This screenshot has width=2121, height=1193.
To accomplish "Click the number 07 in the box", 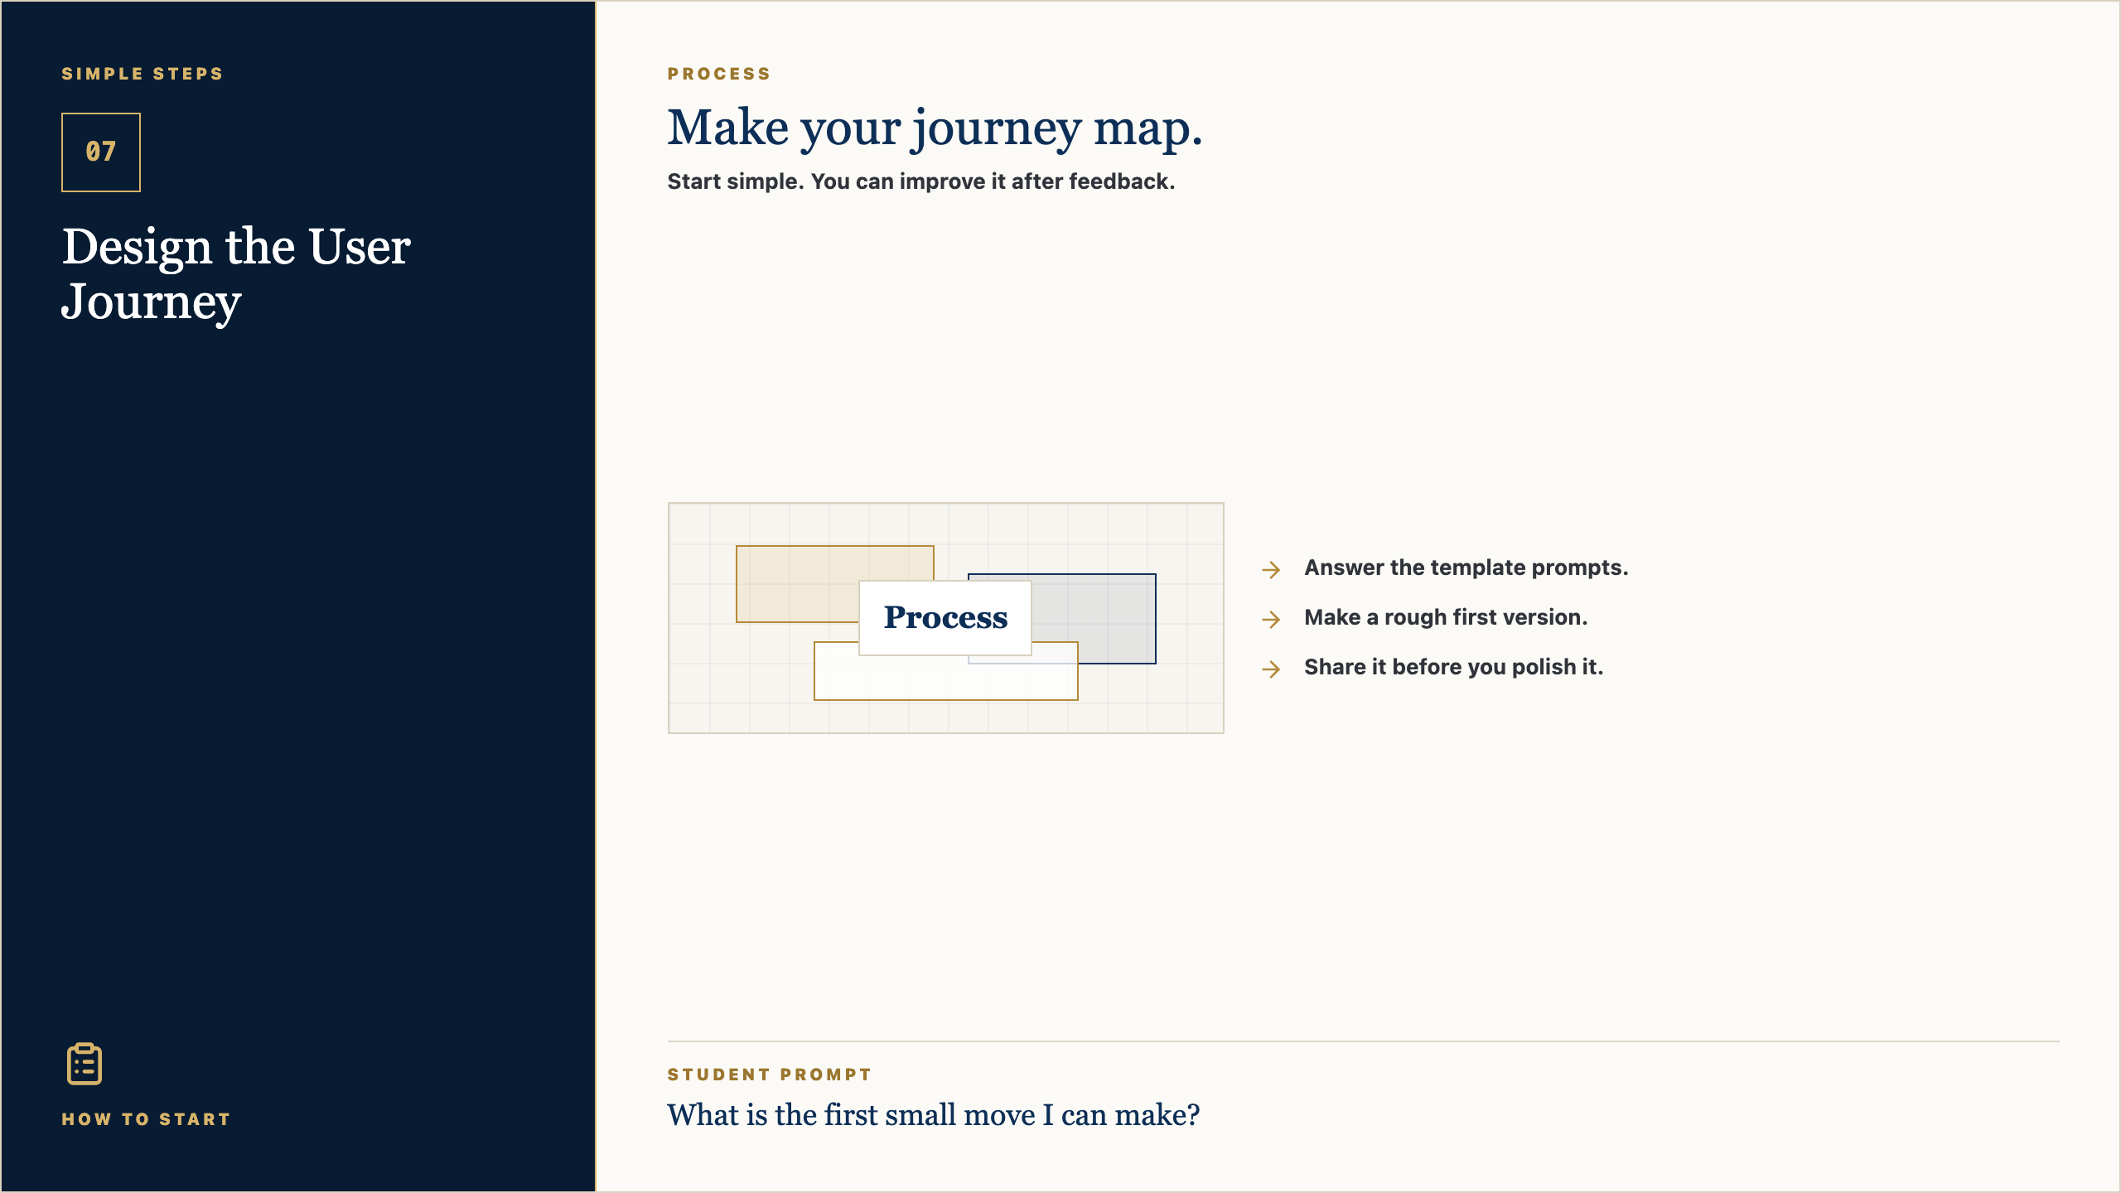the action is [x=101, y=152].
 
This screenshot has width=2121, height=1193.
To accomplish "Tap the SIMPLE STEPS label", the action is [x=143, y=74].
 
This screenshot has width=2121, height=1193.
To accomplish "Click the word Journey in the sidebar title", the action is [x=152, y=303].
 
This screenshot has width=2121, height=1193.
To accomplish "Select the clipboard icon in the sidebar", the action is [x=85, y=1064].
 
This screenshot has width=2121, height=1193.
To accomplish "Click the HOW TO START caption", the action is [x=146, y=1119].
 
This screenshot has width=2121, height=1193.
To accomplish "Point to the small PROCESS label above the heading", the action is [x=719, y=74].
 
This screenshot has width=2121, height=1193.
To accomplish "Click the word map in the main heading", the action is [x=1147, y=129].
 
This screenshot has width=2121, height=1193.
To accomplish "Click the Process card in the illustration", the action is [x=945, y=618].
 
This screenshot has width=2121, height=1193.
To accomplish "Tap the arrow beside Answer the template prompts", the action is [x=1271, y=569].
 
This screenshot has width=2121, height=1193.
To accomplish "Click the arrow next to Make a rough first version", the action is [x=1271, y=619].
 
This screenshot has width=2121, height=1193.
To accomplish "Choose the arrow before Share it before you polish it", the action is [x=1271, y=669].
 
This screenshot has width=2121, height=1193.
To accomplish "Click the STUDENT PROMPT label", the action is [x=770, y=1075].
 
